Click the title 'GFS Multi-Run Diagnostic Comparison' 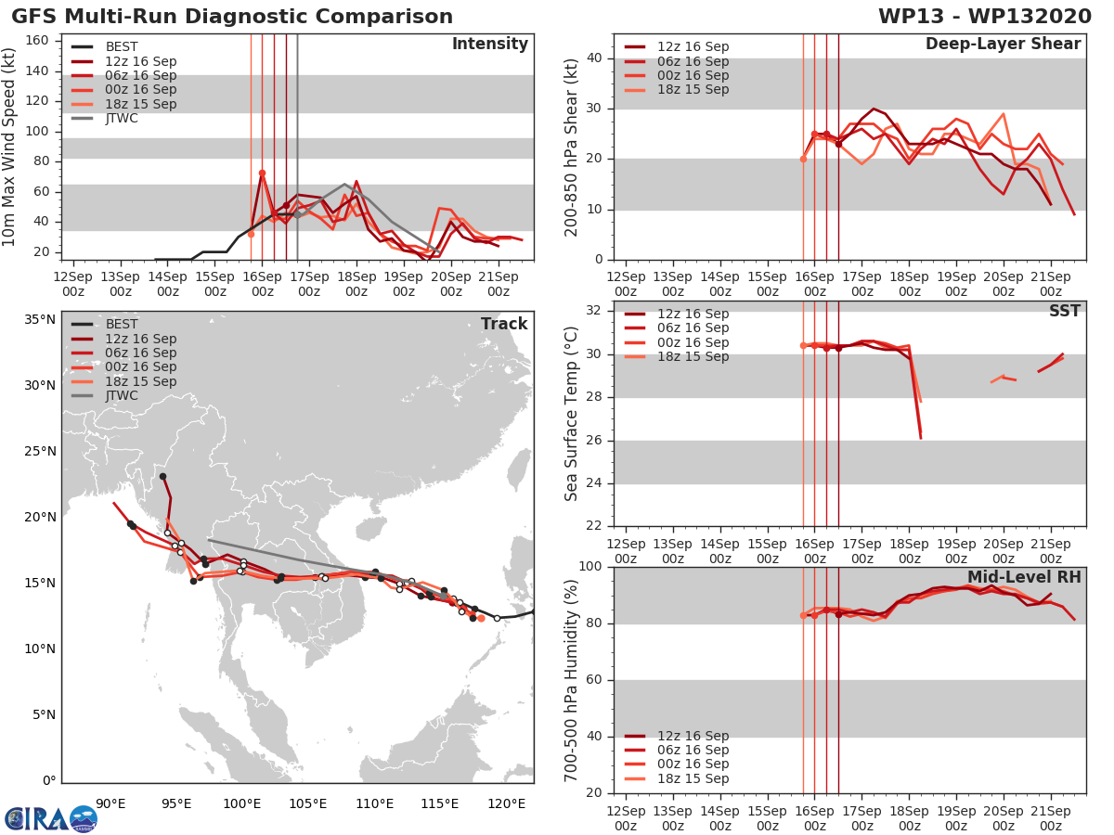click(232, 17)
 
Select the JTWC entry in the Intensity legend click(122, 118)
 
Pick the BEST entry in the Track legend click(122, 324)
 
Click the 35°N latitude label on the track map click(40, 319)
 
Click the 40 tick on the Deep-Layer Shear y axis click(595, 58)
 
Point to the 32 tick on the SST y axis click(595, 310)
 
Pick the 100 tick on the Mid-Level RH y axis click(591, 566)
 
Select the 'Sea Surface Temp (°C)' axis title click(572, 414)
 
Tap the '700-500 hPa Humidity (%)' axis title click(572, 679)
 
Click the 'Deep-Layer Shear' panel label click(1003, 45)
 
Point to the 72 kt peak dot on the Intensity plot click(262, 173)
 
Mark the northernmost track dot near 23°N click(162, 476)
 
